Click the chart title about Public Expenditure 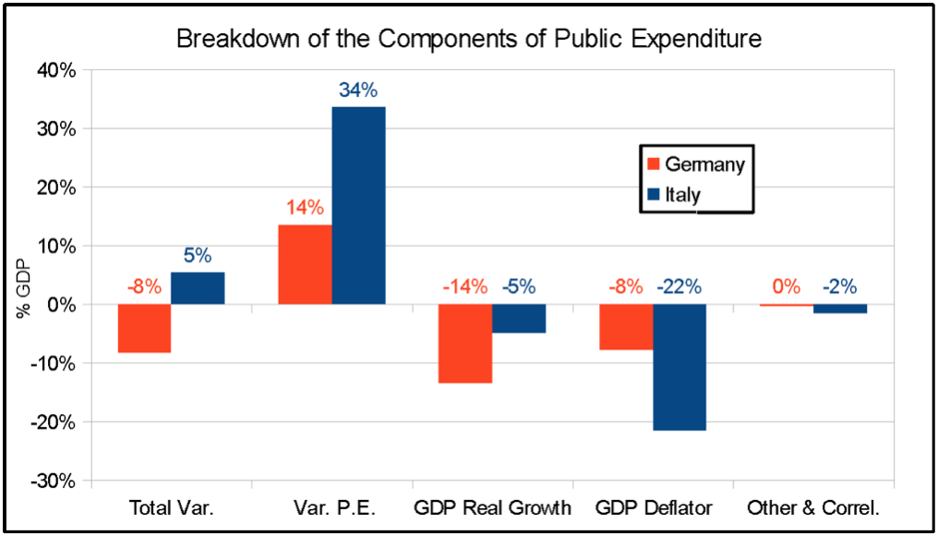(468, 40)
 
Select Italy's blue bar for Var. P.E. (359, 205)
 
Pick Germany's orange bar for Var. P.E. (306, 264)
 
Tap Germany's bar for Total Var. (144, 328)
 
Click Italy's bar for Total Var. (198, 288)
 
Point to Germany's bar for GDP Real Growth (465, 343)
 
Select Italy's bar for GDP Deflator (679, 367)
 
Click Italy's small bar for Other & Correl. (840, 309)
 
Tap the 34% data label (357, 91)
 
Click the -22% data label (679, 286)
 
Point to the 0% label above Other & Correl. (787, 286)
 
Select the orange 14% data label (304, 208)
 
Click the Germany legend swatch (653, 164)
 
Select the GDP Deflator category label (653, 507)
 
